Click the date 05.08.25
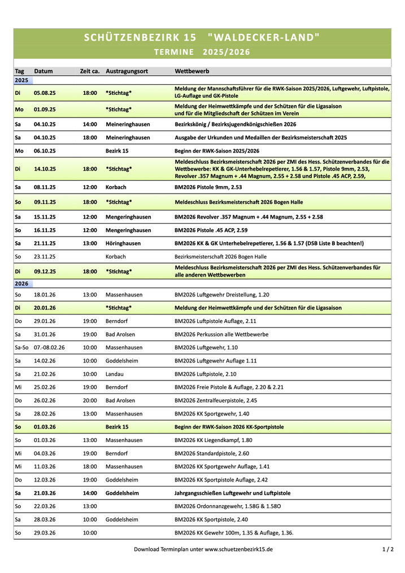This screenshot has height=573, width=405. [45, 93]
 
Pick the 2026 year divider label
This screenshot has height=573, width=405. [21, 284]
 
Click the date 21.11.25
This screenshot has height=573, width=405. [45, 243]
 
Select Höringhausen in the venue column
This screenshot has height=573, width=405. [123, 243]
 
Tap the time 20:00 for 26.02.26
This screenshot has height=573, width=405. [89, 401]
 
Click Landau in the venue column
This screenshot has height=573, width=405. [115, 374]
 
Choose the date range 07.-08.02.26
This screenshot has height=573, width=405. [49, 348]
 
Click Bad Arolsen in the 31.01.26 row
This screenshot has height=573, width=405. [120, 334]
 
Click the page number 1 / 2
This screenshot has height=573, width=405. [387, 549]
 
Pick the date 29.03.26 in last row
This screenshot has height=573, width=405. [45, 533]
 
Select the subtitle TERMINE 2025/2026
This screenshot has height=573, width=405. [202, 53]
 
